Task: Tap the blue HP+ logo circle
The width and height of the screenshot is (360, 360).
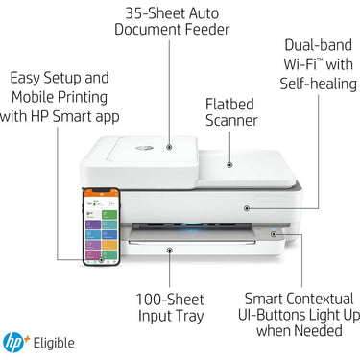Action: (x=12, y=343)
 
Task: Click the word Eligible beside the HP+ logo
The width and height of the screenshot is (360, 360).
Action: (x=54, y=343)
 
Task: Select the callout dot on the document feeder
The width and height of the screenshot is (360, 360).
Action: (x=169, y=147)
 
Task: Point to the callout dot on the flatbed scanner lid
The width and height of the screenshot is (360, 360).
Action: (x=229, y=165)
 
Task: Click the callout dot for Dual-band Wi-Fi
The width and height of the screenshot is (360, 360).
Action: (x=247, y=208)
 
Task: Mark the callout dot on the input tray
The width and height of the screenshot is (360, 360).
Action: (x=170, y=251)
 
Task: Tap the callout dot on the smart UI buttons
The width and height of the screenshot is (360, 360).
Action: (x=274, y=234)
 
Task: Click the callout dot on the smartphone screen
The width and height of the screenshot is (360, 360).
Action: (x=101, y=260)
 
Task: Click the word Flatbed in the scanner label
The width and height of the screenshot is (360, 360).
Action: (x=229, y=105)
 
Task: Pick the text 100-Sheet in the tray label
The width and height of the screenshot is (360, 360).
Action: (x=170, y=300)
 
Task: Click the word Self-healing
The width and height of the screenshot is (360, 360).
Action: (x=319, y=84)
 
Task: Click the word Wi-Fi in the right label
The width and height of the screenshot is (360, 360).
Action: (x=300, y=64)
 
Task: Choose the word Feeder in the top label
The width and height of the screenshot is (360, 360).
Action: (x=207, y=30)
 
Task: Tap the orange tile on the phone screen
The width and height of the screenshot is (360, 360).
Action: (x=109, y=245)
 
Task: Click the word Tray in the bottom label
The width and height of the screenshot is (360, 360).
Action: (x=190, y=316)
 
